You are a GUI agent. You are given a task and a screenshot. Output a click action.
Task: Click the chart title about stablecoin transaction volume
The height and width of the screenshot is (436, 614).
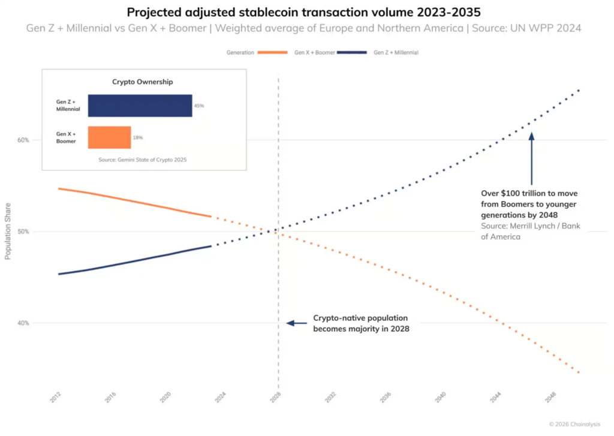click(306, 11)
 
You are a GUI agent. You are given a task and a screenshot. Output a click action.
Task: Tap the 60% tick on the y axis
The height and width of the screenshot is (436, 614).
click(23, 140)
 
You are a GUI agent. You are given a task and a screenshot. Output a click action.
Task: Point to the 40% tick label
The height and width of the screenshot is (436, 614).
click(23, 323)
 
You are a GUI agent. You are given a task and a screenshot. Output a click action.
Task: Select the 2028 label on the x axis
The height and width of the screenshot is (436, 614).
click(275, 398)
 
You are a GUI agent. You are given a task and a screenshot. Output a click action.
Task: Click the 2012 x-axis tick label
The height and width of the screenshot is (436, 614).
click(55, 398)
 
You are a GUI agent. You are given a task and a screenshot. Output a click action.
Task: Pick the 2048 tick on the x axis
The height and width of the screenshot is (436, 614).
click(550, 398)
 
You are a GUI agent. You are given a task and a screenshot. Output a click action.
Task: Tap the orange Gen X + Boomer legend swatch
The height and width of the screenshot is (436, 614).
click(273, 53)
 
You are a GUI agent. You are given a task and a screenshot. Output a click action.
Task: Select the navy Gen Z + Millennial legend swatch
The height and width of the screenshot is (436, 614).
click(352, 53)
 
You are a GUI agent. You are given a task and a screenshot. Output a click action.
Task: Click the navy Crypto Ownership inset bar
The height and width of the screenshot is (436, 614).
click(140, 106)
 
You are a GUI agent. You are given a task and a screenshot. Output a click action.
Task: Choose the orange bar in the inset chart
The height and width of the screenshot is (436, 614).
click(109, 137)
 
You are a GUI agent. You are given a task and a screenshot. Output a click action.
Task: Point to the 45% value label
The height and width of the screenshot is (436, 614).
click(198, 106)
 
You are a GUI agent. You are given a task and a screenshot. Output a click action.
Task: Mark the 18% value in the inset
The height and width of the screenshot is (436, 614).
click(137, 138)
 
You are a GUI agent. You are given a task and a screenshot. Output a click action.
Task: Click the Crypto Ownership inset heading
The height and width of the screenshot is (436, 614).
click(143, 82)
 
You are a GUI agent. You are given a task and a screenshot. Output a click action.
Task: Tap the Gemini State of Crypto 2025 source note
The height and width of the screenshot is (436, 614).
click(143, 160)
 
